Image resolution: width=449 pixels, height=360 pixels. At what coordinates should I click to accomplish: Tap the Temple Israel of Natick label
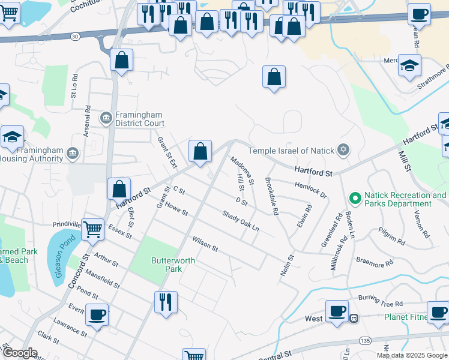(x=291, y=150)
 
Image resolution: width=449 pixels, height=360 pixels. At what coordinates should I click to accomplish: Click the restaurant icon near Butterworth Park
(x=166, y=301)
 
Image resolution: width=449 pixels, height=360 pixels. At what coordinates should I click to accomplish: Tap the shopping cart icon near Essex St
(x=92, y=229)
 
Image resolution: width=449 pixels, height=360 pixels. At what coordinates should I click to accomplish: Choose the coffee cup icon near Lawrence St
(x=97, y=314)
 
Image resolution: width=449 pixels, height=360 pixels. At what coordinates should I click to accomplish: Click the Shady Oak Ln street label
(x=240, y=221)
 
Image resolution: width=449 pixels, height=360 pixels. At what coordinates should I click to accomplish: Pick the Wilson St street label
(x=205, y=244)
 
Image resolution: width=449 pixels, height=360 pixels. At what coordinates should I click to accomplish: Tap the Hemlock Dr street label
(x=311, y=190)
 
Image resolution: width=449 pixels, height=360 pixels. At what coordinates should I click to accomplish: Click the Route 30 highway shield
(x=74, y=36)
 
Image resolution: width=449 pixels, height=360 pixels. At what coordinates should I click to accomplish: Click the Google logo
(x=20, y=353)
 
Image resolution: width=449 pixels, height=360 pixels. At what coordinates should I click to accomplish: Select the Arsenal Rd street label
(x=88, y=121)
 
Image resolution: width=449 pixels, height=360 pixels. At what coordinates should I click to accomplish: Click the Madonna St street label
(x=243, y=170)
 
